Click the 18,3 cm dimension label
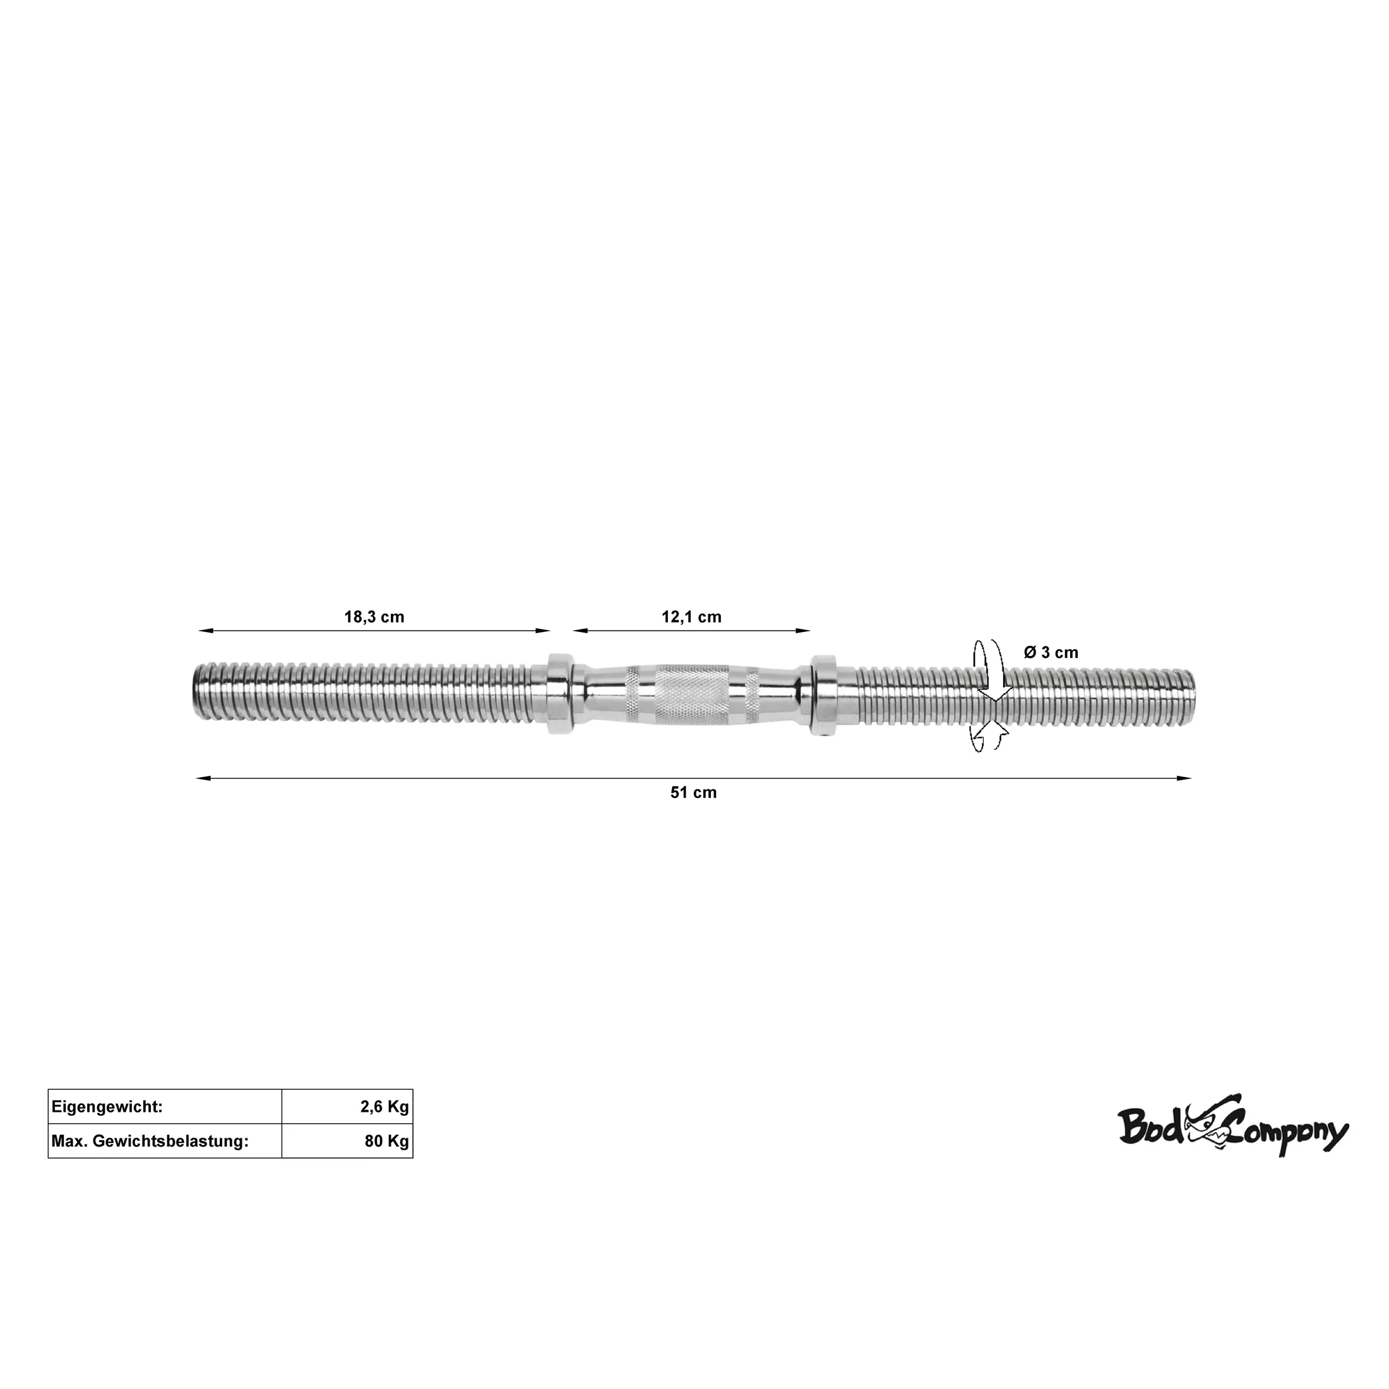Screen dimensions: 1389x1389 [374, 617]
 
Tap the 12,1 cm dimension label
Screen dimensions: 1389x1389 [691, 617]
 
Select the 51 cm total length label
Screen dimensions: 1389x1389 [693, 792]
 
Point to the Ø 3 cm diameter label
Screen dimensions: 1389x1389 [1051, 653]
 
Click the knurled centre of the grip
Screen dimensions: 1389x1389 [691, 694]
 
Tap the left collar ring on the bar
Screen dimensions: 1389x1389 [559, 694]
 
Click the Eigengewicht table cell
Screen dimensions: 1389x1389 [165, 1107]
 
